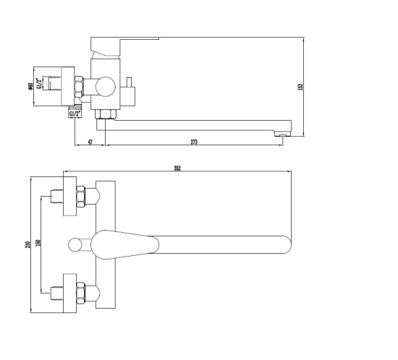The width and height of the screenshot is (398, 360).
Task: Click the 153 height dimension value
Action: (300, 87)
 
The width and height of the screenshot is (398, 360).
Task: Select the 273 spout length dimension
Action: (194, 142)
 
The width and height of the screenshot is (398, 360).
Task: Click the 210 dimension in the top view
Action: (28, 244)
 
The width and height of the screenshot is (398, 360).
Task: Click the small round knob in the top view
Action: (75, 244)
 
